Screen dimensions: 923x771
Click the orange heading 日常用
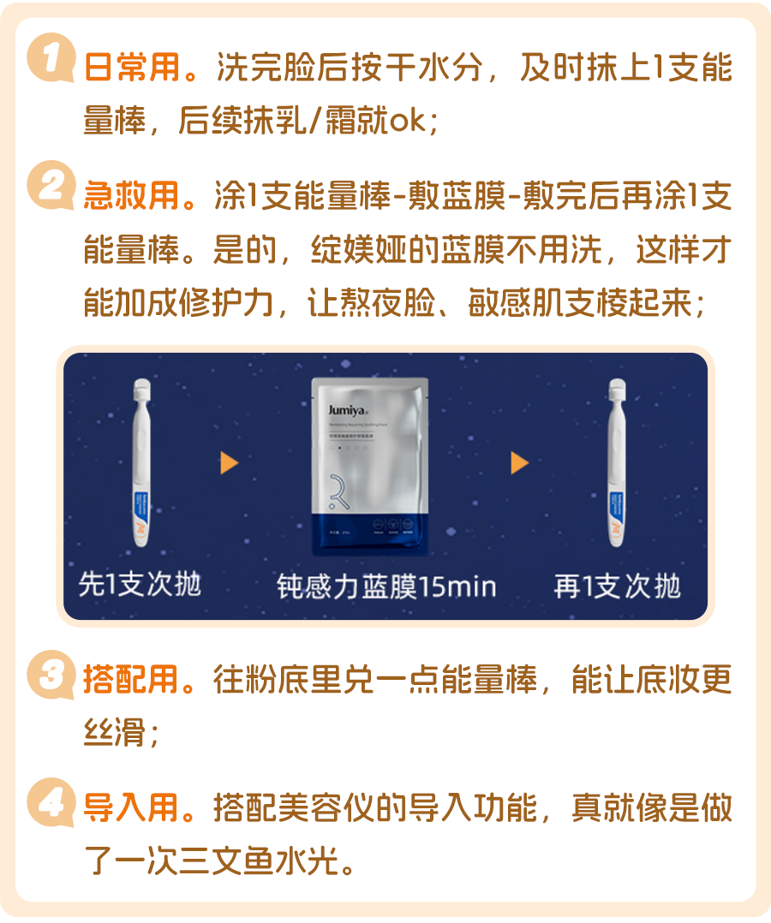pos(132,68)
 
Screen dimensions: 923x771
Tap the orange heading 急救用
pos(132,196)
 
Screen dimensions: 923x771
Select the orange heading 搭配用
pos(132,681)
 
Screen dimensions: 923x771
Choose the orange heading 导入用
pos(132,807)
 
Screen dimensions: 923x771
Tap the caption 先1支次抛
pos(140,585)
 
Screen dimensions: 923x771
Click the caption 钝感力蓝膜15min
pos(386,587)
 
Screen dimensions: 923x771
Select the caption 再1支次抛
pos(617,587)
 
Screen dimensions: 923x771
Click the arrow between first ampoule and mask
pos(230,463)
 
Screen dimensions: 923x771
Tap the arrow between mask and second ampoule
pos(519,463)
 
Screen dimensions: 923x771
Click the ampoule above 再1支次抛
pos(618,462)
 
